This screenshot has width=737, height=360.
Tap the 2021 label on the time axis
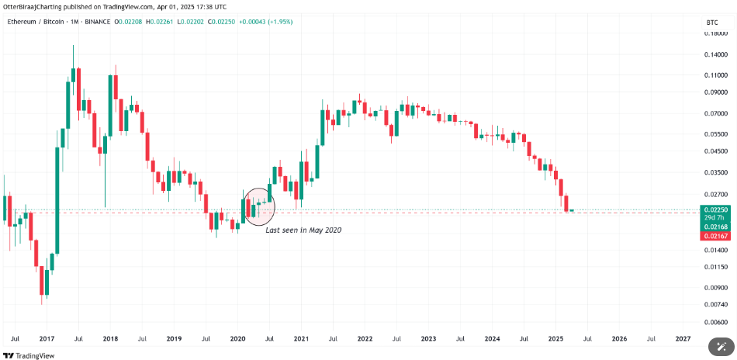coord(301,338)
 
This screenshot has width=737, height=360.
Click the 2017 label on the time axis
coord(46,338)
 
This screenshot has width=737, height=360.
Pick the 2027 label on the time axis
coord(683,338)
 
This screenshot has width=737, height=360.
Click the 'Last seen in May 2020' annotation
coord(303,230)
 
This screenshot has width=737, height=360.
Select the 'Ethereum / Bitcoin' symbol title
coord(36,22)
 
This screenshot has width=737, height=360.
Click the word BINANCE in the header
coord(95,22)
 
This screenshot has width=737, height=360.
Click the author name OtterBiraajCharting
coord(36,6)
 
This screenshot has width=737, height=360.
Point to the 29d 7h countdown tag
coord(715,218)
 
